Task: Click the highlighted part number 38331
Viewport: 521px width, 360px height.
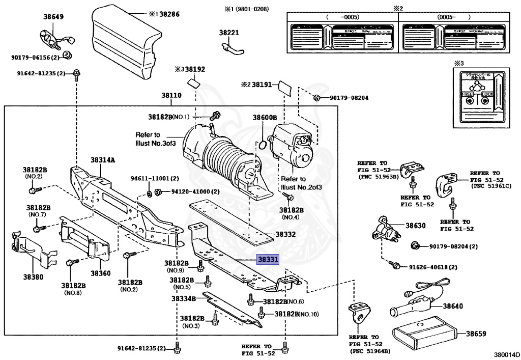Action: click(268, 260)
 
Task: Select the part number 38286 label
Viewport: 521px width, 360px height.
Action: click(169, 14)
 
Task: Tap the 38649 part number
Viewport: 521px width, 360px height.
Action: click(53, 17)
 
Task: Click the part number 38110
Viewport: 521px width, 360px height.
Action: click(171, 95)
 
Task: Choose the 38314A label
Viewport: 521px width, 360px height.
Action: click(103, 160)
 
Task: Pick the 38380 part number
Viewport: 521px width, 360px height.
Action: click(33, 278)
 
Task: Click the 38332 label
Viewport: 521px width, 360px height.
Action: click(285, 235)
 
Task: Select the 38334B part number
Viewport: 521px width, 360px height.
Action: click(183, 298)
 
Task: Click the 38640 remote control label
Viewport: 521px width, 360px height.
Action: click(453, 306)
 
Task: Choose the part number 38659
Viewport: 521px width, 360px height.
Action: click(477, 334)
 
